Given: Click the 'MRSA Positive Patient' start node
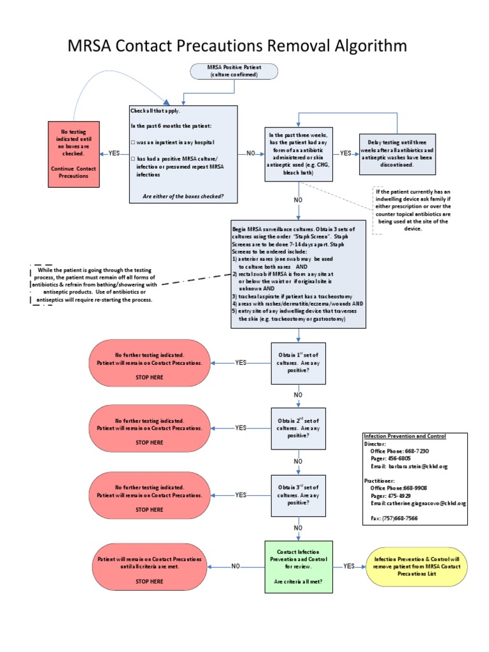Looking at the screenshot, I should pos(234,71).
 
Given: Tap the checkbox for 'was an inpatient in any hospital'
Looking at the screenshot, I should pos(133,142).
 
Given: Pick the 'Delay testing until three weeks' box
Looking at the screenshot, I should pos(398,153).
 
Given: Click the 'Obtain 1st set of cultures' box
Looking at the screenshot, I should pos(298,362).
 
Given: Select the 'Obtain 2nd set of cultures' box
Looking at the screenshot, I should pos(298,428).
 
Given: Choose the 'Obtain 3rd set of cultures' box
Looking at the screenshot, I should pos(298,495).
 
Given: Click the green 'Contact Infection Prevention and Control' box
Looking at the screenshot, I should pos(298,565).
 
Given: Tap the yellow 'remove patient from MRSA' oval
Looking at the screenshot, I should pos(420,565).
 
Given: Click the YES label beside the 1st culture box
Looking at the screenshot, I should pos(241,362).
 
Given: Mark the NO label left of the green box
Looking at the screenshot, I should pos(236,565).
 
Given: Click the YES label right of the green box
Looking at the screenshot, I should pos(349,565).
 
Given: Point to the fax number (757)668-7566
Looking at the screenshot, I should pos(395,519).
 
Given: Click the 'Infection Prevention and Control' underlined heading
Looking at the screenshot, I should pos(404,436).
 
